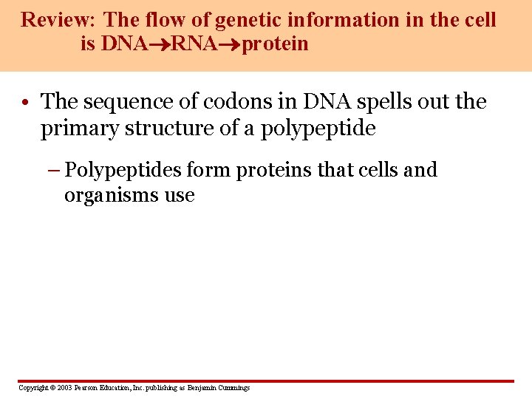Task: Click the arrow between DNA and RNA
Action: click(159, 44)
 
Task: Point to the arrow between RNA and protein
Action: click(231, 44)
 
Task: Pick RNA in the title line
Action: click(195, 44)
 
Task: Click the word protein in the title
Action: click(274, 44)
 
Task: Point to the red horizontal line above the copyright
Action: click(266, 381)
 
